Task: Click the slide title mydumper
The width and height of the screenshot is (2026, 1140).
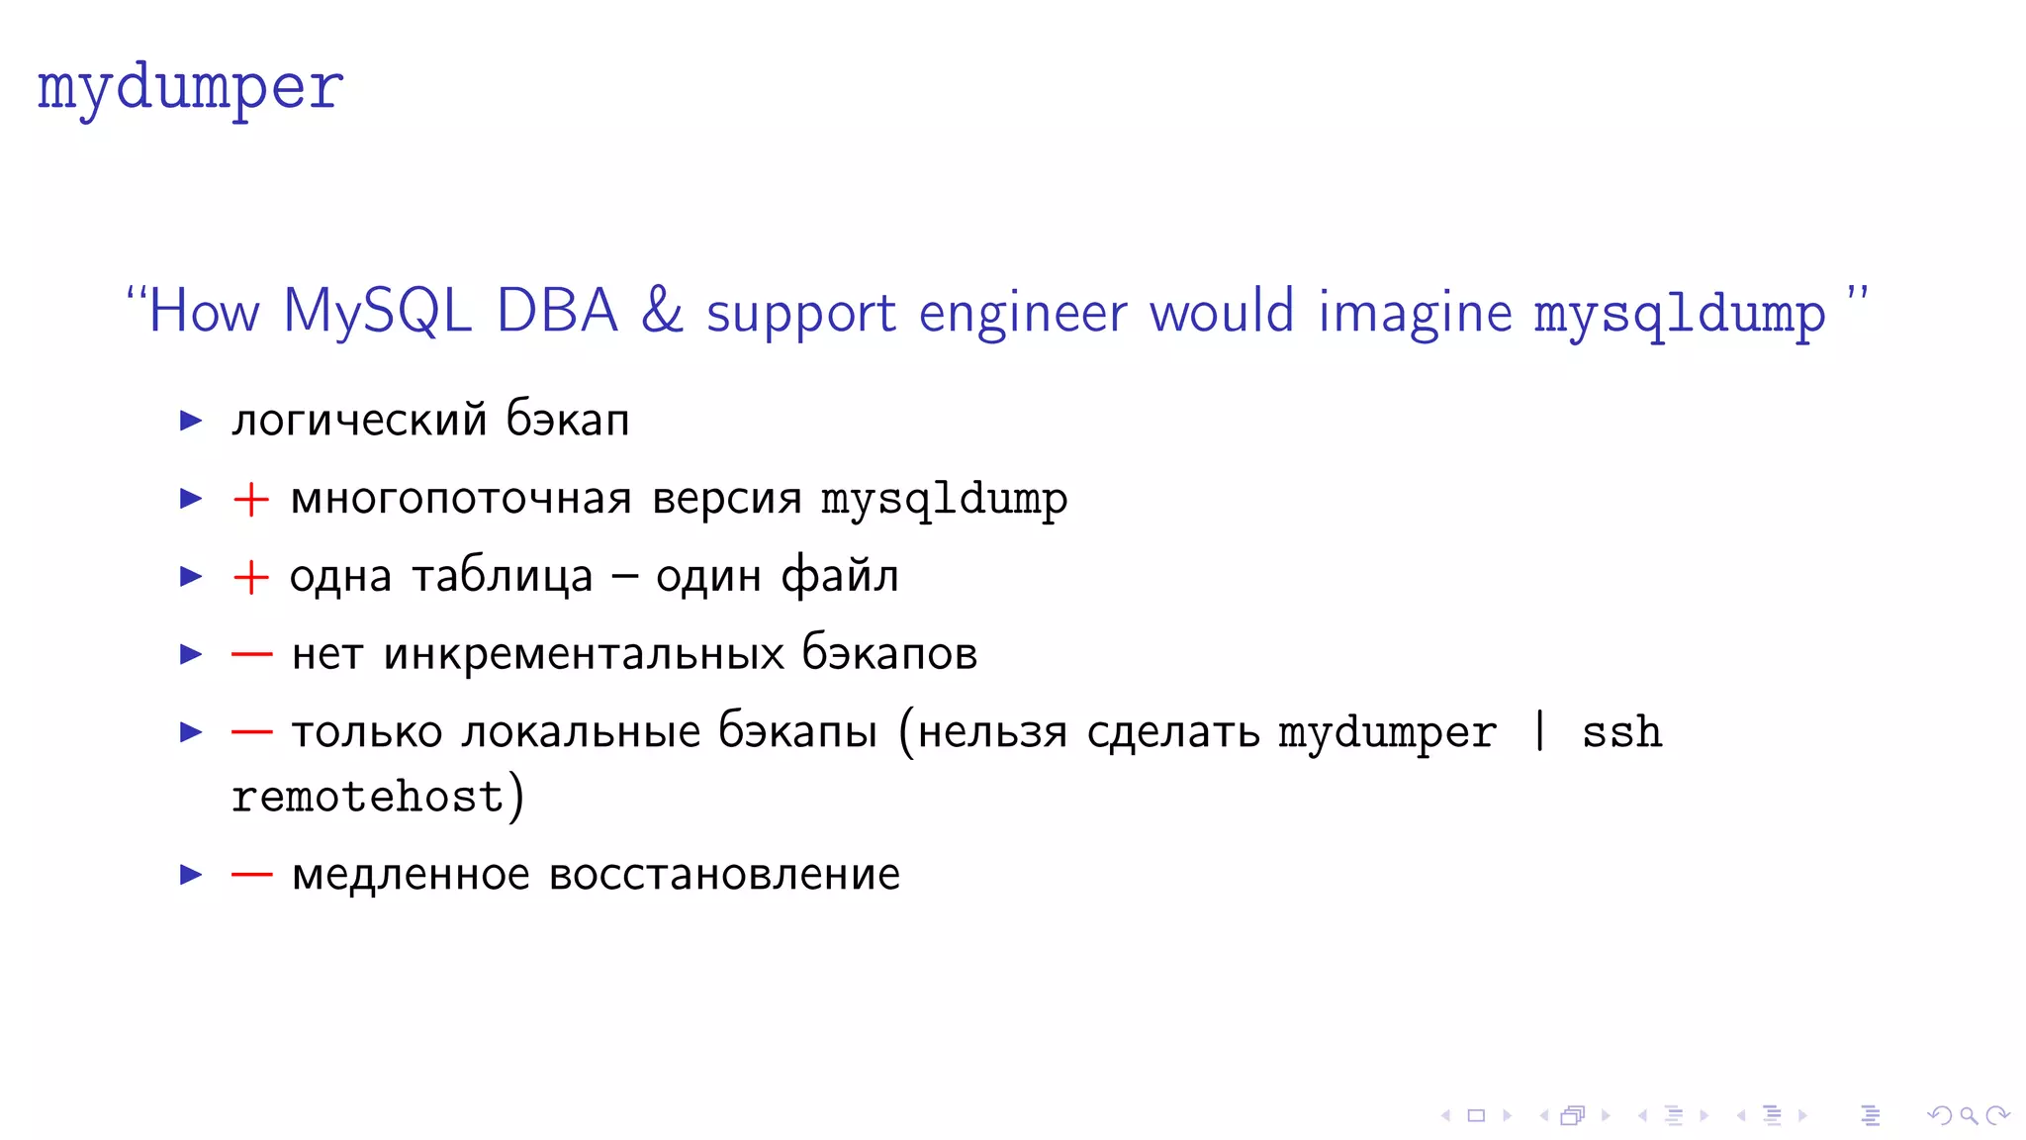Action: click(190, 89)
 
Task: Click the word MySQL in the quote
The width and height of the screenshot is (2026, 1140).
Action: click(377, 312)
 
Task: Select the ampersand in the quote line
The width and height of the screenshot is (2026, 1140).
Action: click(662, 311)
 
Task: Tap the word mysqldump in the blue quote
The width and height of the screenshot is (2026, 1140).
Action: click(1679, 315)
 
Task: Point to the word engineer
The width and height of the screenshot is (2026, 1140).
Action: click(1023, 314)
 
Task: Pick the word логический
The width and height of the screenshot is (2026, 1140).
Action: click(359, 421)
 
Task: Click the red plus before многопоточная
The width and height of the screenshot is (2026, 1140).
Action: click(250, 499)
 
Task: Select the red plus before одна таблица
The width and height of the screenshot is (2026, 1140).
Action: click(250, 577)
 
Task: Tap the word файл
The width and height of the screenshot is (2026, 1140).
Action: click(840, 576)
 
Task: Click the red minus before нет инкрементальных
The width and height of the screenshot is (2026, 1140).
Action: click(251, 654)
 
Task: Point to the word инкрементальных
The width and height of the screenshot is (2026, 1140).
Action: click(584, 654)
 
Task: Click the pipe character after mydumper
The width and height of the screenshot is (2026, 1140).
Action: click(1539, 732)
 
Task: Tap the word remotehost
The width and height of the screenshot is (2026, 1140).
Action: click(368, 798)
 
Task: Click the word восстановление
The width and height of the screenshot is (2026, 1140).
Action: click(724, 875)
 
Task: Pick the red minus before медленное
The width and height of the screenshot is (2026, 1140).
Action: click(251, 875)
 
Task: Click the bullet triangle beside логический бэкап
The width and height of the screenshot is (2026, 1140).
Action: click(191, 421)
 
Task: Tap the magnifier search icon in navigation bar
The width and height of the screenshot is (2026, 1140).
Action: click(1969, 1116)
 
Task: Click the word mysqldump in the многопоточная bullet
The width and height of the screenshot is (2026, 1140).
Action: click(944, 500)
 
